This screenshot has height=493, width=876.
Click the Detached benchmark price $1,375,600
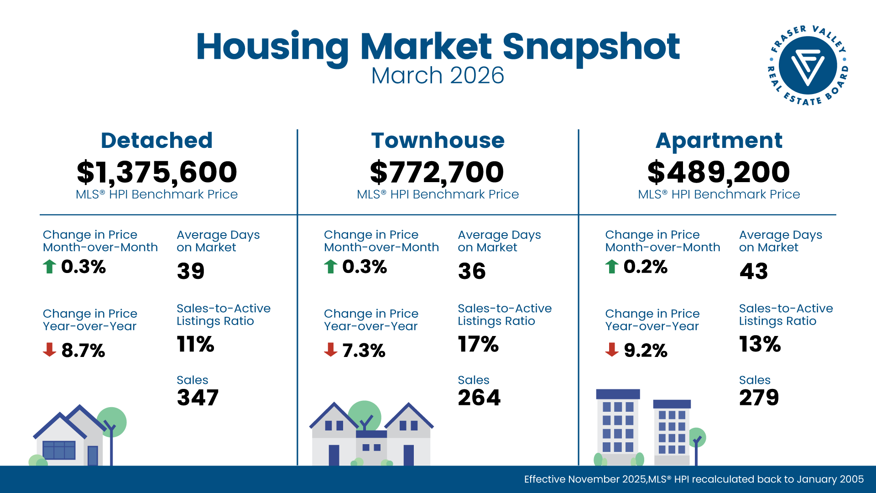(157, 173)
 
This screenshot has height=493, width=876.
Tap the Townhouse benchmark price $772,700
(437, 173)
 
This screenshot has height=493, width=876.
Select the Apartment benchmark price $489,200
(719, 173)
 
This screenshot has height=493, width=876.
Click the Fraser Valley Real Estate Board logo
(808, 65)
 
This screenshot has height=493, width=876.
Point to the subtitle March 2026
(438, 76)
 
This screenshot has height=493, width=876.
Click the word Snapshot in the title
(591, 47)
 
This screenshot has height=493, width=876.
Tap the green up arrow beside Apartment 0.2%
(612, 266)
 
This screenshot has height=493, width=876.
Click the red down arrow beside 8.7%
(49, 350)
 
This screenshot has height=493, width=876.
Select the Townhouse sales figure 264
(479, 398)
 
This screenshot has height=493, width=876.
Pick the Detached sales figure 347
(198, 398)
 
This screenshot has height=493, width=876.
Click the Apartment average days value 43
(754, 271)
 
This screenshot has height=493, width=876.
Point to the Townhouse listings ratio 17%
(478, 344)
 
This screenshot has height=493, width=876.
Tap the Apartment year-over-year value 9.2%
(645, 351)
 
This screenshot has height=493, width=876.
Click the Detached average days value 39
(191, 271)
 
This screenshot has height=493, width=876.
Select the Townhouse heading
(438, 141)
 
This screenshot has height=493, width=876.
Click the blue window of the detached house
(59, 450)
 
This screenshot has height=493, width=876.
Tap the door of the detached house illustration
(93, 456)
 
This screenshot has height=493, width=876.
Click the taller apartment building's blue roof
(618, 394)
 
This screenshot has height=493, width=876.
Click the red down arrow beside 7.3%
(330, 350)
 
